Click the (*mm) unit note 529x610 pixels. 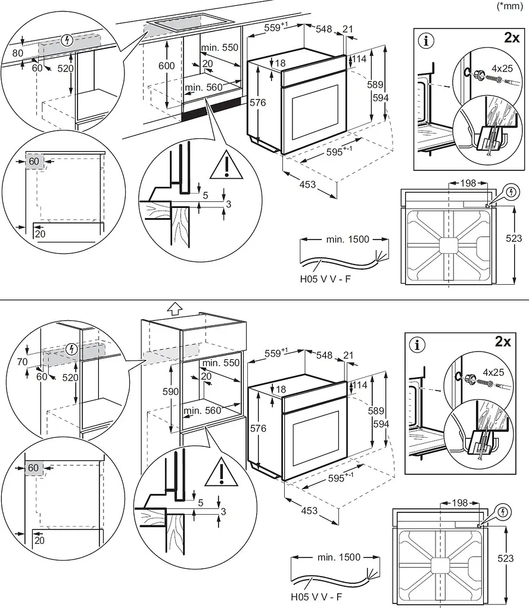pos(510,6)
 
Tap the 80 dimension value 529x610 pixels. pos(17,53)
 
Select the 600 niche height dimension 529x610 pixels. pos(166,66)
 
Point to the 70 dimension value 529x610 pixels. pos(22,362)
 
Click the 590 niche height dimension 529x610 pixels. pos(171,391)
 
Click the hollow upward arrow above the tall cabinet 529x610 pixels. pos(175,309)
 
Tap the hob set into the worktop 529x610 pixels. pos(186,22)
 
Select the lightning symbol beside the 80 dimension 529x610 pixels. pos(68,40)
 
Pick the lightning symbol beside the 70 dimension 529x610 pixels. pos(71,349)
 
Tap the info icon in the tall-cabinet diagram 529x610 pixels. pos(418,345)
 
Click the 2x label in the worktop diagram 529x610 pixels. pos(512,38)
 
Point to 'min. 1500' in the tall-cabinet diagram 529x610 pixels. pos(339,557)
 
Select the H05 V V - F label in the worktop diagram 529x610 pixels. pos(325,279)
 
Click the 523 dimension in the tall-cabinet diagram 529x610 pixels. pos(506,558)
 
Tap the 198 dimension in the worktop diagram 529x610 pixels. pos(468,183)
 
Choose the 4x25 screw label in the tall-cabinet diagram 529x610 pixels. pos(494,372)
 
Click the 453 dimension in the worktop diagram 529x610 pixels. pos(307,185)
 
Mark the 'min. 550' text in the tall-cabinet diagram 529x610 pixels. pos(221,363)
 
